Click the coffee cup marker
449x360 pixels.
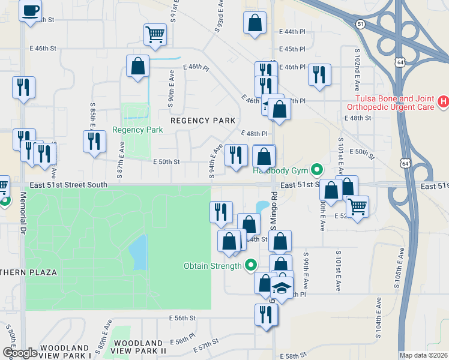30,11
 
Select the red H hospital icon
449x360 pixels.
444,102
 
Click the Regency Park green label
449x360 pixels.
137,130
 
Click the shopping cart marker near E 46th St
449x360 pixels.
155,35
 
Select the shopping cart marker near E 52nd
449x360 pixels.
358,207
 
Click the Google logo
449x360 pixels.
20,353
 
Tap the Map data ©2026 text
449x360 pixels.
423,355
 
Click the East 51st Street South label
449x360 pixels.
67,185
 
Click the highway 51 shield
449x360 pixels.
360,24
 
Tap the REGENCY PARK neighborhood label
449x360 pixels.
203,121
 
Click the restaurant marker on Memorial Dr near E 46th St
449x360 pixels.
23,87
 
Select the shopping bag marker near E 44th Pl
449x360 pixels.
255,23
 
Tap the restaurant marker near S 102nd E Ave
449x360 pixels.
319,74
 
